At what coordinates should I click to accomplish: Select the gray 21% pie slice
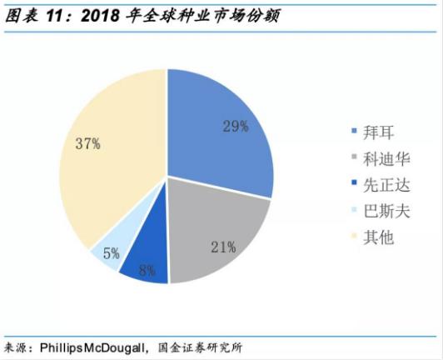pyautogui.click(x=215, y=235)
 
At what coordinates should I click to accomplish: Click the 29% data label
pyautogui.click(x=236, y=126)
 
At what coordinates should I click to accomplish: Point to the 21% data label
pyautogui.click(x=223, y=247)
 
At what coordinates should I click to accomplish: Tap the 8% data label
pyautogui.click(x=147, y=271)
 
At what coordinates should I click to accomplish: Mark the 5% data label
pyautogui.click(x=112, y=253)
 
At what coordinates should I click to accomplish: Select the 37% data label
pyautogui.click(x=88, y=143)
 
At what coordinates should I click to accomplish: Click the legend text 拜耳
pyautogui.click(x=378, y=132)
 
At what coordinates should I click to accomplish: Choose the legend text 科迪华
pyautogui.click(x=386, y=158)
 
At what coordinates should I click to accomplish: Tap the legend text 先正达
pyautogui.click(x=386, y=185)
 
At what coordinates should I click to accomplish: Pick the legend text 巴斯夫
pyautogui.click(x=386, y=211)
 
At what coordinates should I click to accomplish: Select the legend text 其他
pyautogui.click(x=378, y=237)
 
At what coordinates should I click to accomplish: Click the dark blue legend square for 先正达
pyautogui.click(x=354, y=182)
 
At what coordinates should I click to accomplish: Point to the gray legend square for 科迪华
pyautogui.click(x=354, y=156)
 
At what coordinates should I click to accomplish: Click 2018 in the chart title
pyautogui.click(x=100, y=16)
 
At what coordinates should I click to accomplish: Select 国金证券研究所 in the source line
pyautogui.click(x=200, y=347)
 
